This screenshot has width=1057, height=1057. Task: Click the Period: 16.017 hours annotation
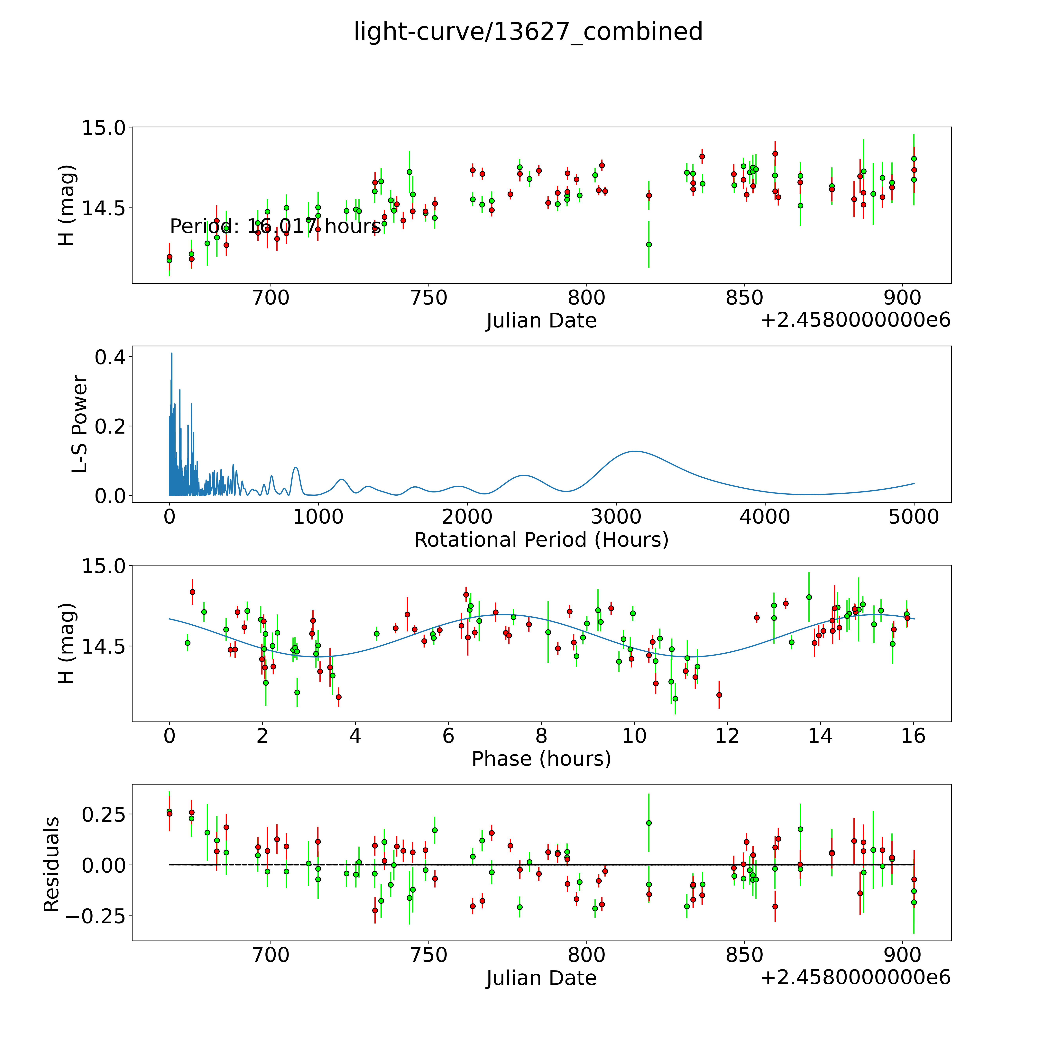pyautogui.click(x=275, y=226)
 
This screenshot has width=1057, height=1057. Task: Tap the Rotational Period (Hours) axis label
pyautogui.click(x=541, y=540)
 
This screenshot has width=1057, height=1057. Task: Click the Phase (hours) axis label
pyautogui.click(x=541, y=759)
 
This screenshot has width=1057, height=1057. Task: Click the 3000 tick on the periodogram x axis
pyautogui.click(x=616, y=517)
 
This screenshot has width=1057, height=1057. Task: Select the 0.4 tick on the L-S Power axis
pyautogui.click(x=110, y=357)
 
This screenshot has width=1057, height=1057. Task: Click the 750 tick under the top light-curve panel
pyautogui.click(x=429, y=298)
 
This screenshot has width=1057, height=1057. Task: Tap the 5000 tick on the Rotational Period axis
pyautogui.click(x=914, y=517)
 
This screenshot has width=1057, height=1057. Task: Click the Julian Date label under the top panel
pyautogui.click(x=541, y=321)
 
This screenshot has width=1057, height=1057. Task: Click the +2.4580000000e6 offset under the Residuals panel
pyautogui.click(x=855, y=977)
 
